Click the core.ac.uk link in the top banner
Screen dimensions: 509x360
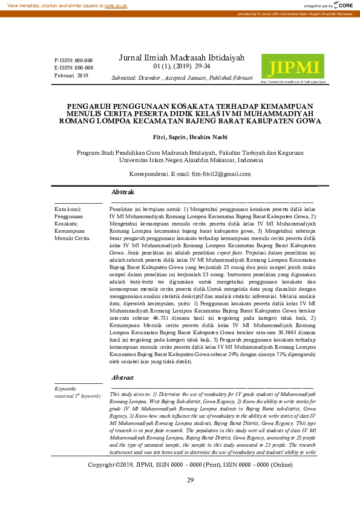click(x=117, y=5)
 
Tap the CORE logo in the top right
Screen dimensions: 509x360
click(x=346, y=5)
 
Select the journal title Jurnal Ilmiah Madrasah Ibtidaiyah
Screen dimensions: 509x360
click(x=182, y=57)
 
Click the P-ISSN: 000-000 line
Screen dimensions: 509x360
click(x=73, y=61)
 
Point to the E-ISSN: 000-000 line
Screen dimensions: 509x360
click(x=73, y=68)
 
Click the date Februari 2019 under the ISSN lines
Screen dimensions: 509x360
click(x=71, y=76)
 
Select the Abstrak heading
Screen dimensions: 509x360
click(x=123, y=192)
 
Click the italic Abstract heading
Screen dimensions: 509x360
click(x=123, y=377)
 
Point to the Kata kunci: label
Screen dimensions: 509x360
click(x=68, y=209)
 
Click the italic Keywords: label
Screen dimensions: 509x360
click(x=65, y=389)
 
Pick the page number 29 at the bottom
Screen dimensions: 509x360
click(x=190, y=480)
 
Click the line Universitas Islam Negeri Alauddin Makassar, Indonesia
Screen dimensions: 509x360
click(x=190, y=161)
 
